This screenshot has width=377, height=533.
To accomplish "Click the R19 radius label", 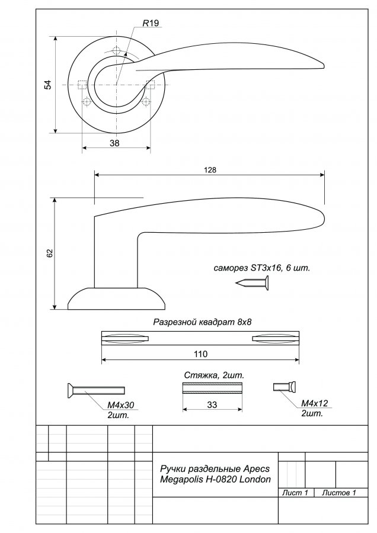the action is tap(151, 23).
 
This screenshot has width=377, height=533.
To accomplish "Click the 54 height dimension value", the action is tap(48, 85).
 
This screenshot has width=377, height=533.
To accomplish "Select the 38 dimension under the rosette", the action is tap(114, 143).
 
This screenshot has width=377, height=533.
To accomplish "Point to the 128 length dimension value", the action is tap(210, 170).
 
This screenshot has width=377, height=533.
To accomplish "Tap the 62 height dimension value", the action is tap(50, 253).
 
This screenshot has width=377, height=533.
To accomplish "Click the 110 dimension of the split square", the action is tap(201, 354).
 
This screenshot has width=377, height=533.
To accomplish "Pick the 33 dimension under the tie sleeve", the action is tap(212, 405).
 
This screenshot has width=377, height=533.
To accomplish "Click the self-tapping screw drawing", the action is tap(252, 283).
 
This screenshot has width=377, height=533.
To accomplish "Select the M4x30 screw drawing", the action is tap(96, 390).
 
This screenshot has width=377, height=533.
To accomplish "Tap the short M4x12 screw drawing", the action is tap(285, 387).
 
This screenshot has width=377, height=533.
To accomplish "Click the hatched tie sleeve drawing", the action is tap(212, 388).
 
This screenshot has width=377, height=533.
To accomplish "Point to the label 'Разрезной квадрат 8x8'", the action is tap(202, 322).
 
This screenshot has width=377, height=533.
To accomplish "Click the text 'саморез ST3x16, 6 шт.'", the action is tap(262, 268).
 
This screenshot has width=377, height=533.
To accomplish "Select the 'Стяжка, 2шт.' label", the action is tap(215, 375).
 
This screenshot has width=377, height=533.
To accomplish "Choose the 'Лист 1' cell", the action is tap(295, 493).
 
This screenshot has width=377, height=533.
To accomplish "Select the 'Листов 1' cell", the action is tap(339, 493).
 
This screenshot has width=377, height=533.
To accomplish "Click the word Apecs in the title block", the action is tap(257, 469).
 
